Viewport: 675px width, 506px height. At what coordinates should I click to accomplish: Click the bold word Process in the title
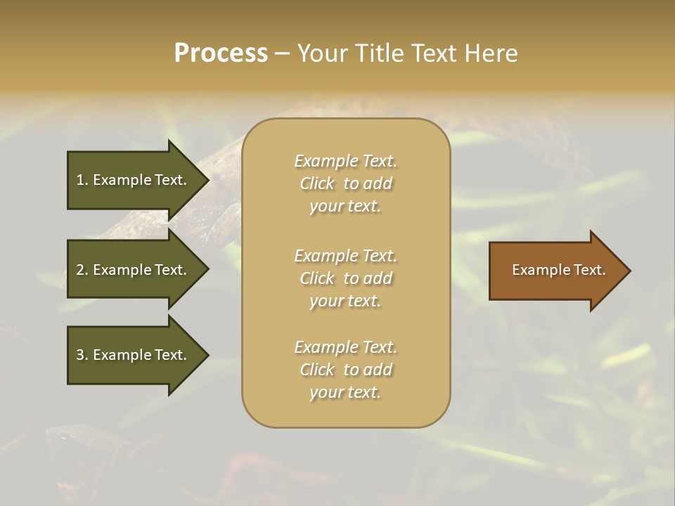coord(221,53)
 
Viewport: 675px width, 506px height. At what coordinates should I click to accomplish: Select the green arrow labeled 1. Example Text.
coord(134,180)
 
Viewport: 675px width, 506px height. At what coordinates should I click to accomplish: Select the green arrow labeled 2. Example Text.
coord(134,270)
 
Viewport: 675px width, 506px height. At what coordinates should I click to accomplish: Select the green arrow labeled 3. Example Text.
coord(134,355)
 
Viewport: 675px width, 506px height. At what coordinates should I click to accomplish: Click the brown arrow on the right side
coord(555,270)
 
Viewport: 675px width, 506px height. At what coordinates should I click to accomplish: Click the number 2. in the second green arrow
coord(82,270)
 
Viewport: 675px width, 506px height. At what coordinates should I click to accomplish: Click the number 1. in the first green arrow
coord(82,180)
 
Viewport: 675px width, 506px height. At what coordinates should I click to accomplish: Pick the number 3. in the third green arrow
coord(82,355)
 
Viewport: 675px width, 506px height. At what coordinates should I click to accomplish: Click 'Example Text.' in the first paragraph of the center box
coord(345,161)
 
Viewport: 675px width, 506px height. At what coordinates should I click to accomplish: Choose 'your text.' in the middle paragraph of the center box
coord(345,301)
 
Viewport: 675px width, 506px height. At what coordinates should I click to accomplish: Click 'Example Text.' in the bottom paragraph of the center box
coord(345,347)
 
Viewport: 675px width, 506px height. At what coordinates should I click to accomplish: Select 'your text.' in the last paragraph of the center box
coord(345,392)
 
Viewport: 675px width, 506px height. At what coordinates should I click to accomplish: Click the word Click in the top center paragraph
coord(317,183)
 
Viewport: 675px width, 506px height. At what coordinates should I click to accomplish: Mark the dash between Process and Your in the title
coord(282,53)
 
